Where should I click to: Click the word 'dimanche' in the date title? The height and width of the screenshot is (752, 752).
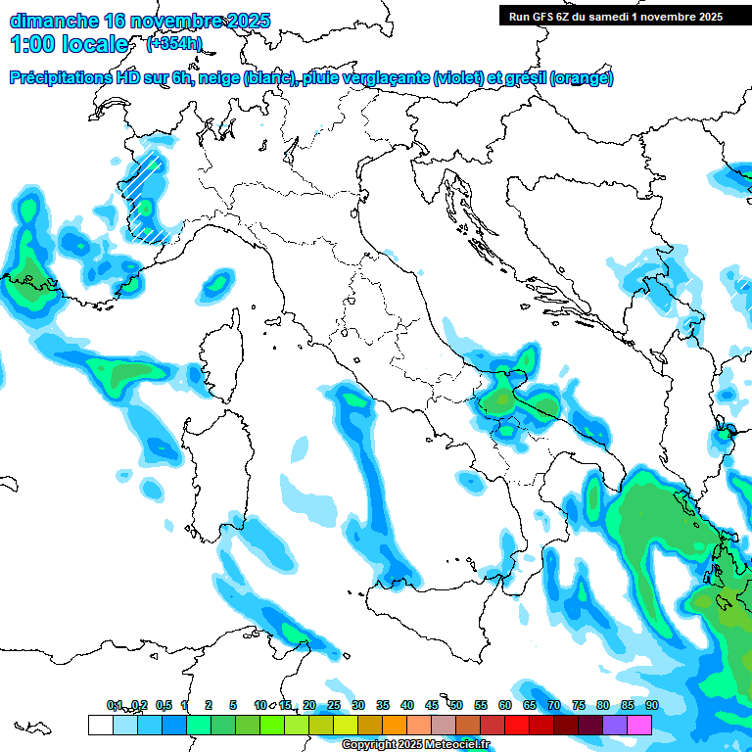click(53, 21)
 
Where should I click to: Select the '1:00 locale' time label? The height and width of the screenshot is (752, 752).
click(70, 44)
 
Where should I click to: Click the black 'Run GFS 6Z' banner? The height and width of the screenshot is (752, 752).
click(615, 16)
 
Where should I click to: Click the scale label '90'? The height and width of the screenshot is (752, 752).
click(651, 705)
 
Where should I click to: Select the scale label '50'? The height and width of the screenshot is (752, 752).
click(456, 705)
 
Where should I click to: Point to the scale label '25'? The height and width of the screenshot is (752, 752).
click(334, 705)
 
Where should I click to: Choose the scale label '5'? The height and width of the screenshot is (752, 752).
click(233, 705)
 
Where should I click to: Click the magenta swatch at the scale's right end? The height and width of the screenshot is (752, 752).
click(639, 725)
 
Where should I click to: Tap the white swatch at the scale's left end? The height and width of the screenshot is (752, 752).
click(100, 725)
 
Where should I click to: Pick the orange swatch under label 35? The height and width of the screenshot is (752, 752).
click(395, 725)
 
